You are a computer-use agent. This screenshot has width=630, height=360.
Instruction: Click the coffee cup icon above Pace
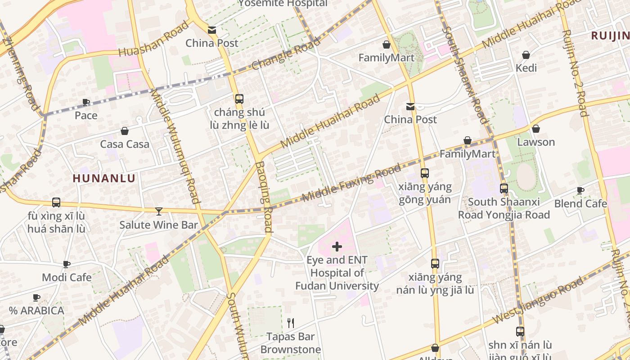point(85,102)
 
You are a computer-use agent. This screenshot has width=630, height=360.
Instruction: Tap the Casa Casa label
point(125,144)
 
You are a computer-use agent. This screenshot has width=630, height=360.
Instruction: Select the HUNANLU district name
point(104,178)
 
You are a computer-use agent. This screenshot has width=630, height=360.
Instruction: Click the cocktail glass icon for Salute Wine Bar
point(158,211)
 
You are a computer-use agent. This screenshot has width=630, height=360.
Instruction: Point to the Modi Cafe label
point(67,277)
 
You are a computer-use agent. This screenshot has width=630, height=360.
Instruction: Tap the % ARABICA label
point(36,310)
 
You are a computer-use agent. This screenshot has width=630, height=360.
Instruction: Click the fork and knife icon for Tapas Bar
point(291,323)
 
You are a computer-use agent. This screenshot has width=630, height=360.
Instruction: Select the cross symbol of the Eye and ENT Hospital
point(337,247)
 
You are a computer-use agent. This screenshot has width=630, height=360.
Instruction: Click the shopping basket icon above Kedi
point(526,55)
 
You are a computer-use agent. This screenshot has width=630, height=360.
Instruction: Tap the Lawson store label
point(535,142)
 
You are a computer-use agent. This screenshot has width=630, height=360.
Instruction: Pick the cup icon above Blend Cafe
point(580,190)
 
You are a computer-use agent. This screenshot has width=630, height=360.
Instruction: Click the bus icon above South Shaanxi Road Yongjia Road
point(504,189)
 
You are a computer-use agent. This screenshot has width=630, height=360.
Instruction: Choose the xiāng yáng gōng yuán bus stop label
point(425,193)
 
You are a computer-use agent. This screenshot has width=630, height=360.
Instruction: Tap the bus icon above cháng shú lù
point(239,99)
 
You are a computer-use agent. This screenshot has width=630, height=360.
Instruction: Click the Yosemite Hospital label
point(283,4)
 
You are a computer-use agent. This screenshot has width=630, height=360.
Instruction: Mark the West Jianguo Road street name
point(538,300)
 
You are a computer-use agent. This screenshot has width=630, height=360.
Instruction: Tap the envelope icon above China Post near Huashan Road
point(211,30)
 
